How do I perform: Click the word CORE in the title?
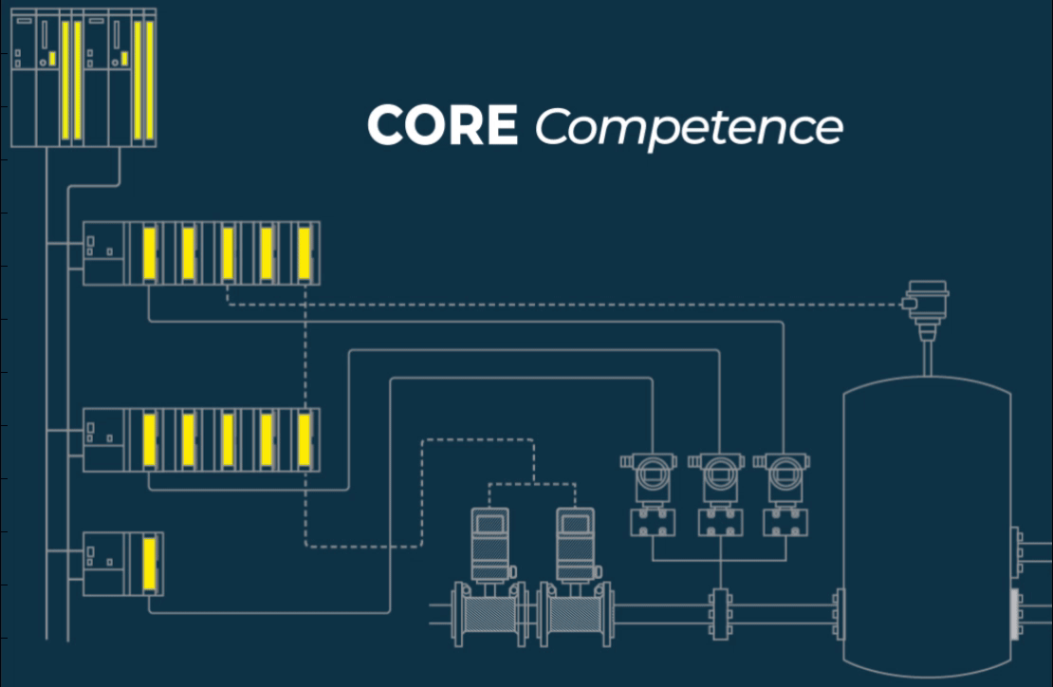(442, 125)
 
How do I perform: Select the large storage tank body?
(926, 522)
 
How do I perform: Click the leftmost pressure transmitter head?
(650, 470)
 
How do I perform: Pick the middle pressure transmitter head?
(719, 470)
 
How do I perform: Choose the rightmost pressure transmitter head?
(784, 470)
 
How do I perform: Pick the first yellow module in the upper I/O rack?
(149, 252)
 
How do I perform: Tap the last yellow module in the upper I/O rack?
(304, 252)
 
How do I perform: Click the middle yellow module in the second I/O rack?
(227, 439)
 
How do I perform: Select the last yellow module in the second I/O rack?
(304, 439)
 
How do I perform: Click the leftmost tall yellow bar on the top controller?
(65, 80)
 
